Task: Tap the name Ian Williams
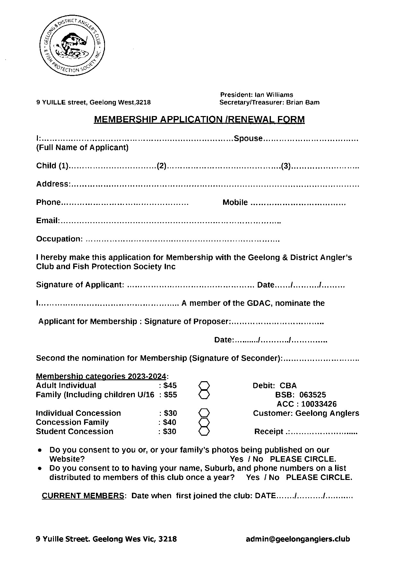[x=273, y=95]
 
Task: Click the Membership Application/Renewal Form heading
[x=199, y=120]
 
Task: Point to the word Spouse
[x=248, y=138]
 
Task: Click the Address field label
[x=52, y=184]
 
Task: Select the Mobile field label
[x=235, y=203]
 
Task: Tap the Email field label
[x=48, y=221]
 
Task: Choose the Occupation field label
[x=59, y=239]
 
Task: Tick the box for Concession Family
[x=204, y=422]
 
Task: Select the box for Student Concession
[x=204, y=431]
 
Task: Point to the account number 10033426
[x=318, y=404]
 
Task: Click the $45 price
[x=170, y=385]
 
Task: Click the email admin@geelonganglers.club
[x=298, y=539]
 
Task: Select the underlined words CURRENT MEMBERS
[x=83, y=496]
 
